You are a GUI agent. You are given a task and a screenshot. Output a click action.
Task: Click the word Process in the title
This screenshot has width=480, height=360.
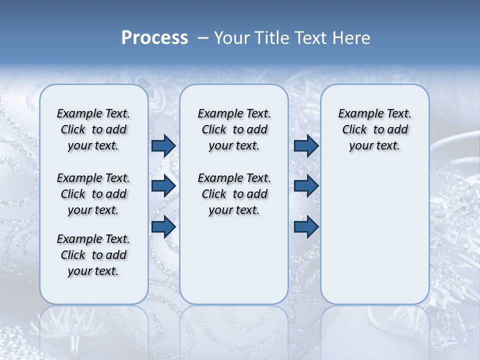(x=154, y=37)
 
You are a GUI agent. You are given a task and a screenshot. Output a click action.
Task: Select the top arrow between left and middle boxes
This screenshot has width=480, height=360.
(x=163, y=146)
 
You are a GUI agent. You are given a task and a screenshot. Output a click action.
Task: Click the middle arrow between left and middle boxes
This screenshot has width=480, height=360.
(x=163, y=186)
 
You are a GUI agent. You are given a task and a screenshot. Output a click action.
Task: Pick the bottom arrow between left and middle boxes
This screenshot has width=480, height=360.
(x=163, y=226)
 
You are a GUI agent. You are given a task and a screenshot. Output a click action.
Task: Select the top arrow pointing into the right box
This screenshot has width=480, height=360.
(x=306, y=146)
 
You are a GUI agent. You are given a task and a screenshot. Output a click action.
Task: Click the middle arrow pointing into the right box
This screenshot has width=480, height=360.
(x=306, y=186)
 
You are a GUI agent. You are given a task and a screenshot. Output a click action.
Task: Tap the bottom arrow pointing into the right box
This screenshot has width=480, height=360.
(x=306, y=226)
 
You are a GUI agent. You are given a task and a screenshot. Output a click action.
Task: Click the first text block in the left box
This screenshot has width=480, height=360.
(x=93, y=129)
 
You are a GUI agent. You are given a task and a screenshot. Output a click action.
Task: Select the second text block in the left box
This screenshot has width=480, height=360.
(x=93, y=194)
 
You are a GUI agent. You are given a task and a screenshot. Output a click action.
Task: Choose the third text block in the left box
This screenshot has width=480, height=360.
(x=93, y=255)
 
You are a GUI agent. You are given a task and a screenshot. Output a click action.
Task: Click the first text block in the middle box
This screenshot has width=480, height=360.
(x=234, y=129)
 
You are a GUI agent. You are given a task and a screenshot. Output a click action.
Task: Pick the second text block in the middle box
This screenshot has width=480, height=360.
(x=234, y=194)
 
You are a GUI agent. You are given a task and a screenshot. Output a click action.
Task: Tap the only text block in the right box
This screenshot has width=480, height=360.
(x=375, y=129)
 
